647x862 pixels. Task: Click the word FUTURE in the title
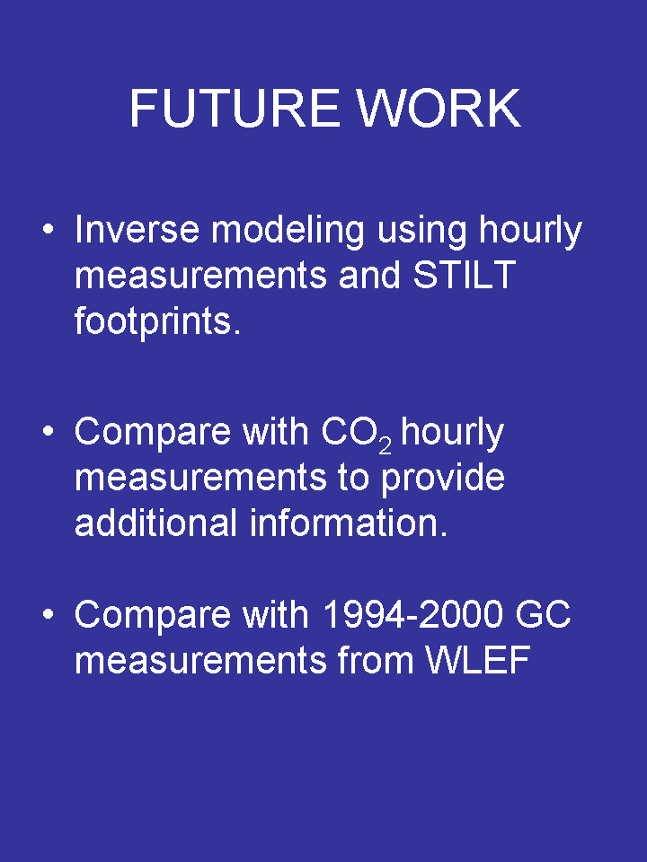(x=235, y=108)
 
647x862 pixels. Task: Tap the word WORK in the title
(x=438, y=108)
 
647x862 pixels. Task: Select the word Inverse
(x=137, y=229)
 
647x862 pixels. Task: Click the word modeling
(x=288, y=231)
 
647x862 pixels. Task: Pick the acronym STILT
(x=465, y=275)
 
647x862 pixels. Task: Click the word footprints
(x=157, y=321)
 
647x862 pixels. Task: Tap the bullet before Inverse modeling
(x=49, y=229)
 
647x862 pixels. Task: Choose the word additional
(x=155, y=523)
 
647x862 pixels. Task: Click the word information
(x=349, y=523)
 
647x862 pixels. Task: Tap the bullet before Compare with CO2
(x=49, y=432)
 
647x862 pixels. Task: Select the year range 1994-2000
(x=412, y=614)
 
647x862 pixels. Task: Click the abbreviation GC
(x=543, y=614)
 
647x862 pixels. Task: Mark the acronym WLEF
(x=478, y=660)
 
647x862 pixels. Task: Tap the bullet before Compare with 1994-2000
(x=49, y=614)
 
